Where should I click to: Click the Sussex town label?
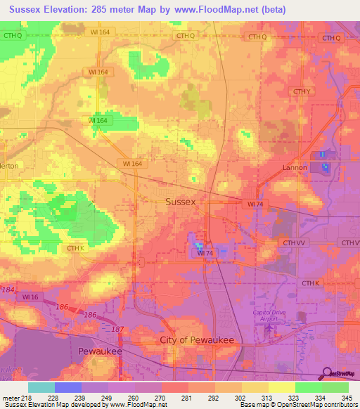(180, 201)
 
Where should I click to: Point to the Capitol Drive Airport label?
(270, 316)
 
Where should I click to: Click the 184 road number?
(8, 289)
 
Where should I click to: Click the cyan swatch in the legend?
(41, 387)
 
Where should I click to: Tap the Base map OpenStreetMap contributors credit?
(298, 405)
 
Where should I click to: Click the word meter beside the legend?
(11, 397)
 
